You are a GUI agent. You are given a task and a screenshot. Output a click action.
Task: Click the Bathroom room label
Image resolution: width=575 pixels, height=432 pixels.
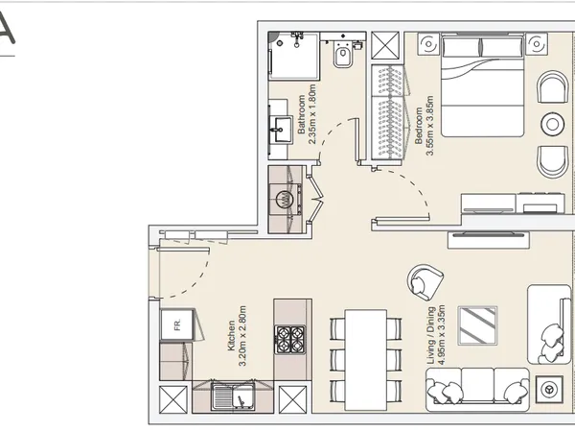(301, 114)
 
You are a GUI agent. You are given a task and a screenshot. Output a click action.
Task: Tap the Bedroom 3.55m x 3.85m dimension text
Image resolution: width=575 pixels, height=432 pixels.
(429, 126)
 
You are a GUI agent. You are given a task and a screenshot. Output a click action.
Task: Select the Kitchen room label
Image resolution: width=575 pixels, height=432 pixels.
(231, 336)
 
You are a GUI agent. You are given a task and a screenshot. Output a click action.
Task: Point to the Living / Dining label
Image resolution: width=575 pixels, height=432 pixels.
(431, 335)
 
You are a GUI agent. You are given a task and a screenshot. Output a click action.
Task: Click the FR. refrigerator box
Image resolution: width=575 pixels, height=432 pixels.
(177, 325)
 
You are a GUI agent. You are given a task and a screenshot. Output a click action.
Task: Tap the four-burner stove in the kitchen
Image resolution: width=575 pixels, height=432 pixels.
(290, 340)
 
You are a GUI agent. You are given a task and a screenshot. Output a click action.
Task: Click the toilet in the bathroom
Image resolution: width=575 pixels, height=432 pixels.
(343, 55)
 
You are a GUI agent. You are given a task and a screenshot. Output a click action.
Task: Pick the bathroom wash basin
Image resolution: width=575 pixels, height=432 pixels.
(281, 129)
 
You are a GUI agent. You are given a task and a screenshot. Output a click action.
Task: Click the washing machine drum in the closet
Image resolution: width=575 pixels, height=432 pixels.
(285, 199)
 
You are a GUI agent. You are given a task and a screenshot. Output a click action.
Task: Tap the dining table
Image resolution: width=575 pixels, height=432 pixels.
(366, 360)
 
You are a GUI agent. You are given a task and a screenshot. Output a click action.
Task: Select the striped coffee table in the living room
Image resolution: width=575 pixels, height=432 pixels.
(477, 325)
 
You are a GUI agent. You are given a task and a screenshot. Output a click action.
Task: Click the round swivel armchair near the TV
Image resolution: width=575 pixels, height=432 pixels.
(425, 282)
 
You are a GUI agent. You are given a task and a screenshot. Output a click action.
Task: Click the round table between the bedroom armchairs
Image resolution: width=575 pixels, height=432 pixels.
(552, 124)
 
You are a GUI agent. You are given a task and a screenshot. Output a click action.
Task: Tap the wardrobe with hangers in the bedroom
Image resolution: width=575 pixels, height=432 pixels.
(388, 112)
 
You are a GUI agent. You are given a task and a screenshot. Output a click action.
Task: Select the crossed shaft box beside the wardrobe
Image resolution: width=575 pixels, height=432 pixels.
(385, 45)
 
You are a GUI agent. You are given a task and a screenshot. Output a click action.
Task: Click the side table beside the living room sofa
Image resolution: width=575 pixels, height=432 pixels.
(549, 389)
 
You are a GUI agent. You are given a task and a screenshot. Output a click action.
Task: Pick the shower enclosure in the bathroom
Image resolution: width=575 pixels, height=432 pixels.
(294, 56)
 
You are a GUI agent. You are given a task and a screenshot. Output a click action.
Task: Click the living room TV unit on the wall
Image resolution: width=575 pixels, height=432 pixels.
(489, 239)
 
